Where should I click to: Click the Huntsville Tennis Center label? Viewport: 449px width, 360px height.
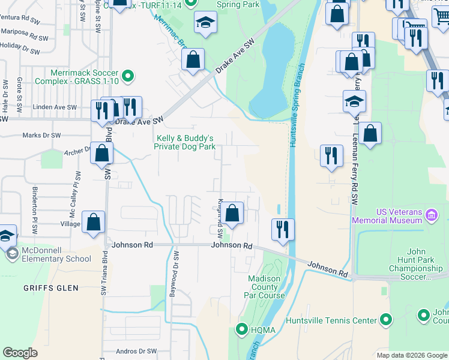(333, 320)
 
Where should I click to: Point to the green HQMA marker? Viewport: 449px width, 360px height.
(242, 329)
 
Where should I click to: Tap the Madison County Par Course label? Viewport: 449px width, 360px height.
(264, 287)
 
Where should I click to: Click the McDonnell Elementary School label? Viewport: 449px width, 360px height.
(56, 254)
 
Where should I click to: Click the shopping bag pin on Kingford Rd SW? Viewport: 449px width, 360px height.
(234, 212)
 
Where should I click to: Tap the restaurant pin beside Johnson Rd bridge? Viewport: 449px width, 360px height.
(282, 229)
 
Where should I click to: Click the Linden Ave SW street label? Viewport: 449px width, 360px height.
(56, 107)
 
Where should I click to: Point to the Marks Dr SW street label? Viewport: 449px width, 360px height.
(42, 135)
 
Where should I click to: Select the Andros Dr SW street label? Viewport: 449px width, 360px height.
(136, 351)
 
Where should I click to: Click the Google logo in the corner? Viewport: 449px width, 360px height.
(20, 353)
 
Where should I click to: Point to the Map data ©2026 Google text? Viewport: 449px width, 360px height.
(412, 355)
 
